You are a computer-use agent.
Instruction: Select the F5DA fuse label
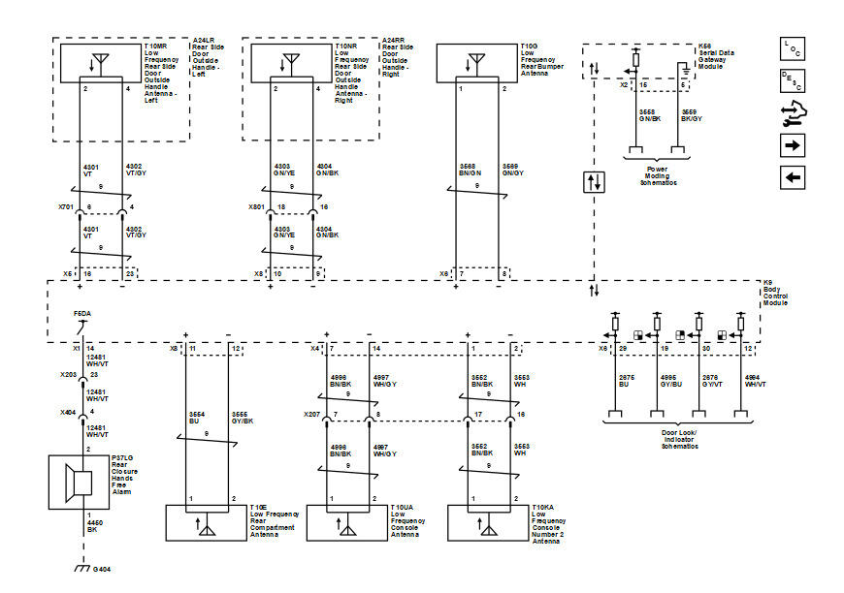[83, 315]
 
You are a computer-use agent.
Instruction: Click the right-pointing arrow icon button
[793, 146]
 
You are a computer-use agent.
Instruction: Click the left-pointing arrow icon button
[793, 178]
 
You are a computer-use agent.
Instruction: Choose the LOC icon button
[793, 48]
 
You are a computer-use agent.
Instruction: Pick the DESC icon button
[793, 81]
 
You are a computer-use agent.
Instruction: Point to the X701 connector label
[66, 207]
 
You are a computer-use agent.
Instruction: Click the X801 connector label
[256, 207]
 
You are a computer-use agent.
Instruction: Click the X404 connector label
[67, 411]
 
